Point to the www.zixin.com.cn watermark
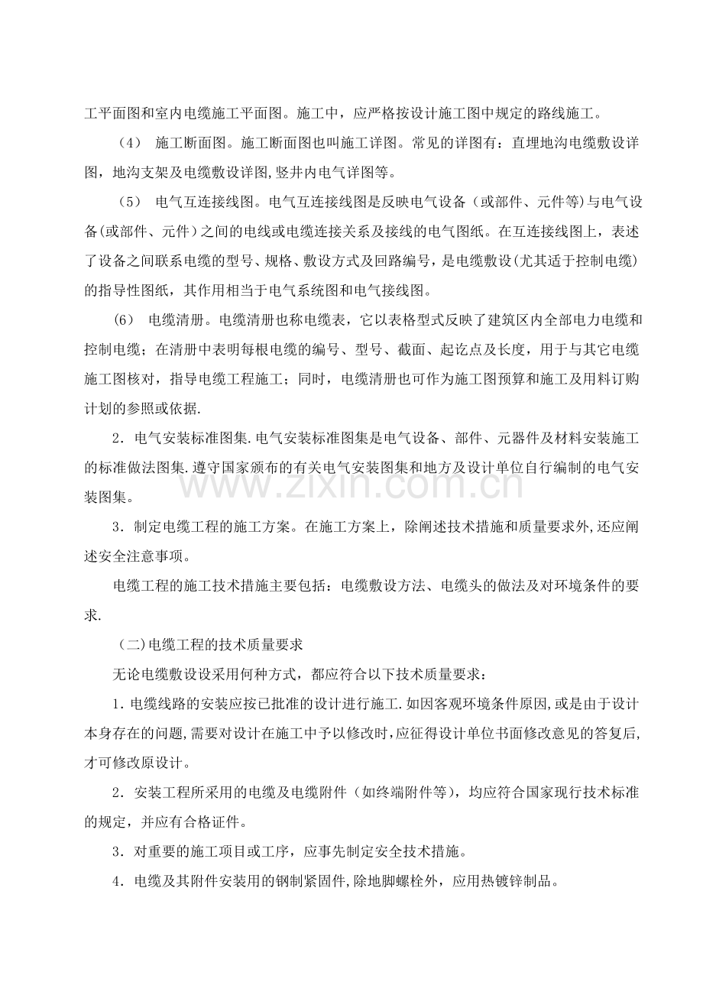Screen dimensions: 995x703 [x=352, y=481]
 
